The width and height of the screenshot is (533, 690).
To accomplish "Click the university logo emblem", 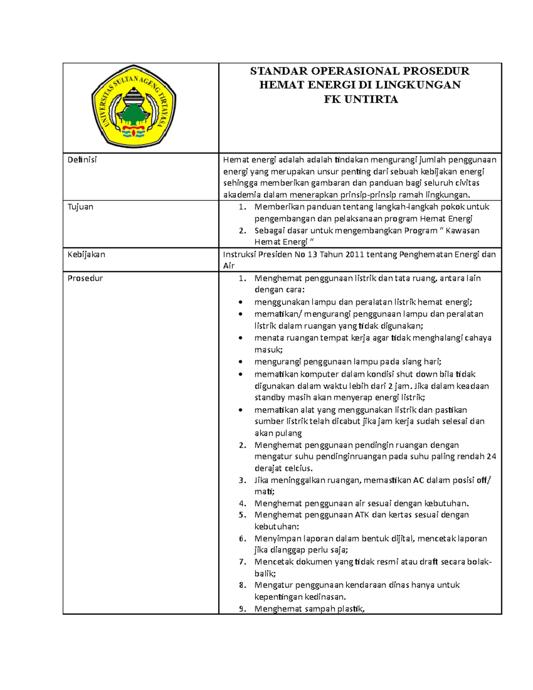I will [x=134, y=107].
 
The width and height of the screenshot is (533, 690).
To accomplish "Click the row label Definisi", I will [x=82, y=160].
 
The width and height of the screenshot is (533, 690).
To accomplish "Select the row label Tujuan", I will [x=80, y=207].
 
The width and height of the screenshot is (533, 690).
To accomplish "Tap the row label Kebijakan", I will [x=86, y=254].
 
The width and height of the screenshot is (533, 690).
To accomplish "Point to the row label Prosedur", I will [x=85, y=278].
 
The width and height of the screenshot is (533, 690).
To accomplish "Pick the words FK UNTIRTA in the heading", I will [x=360, y=99].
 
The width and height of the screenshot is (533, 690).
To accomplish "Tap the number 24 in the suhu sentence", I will [x=491, y=456].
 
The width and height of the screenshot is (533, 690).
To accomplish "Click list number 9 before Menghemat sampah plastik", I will [x=243, y=609].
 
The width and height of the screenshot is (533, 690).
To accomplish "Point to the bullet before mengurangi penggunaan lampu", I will [x=241, y=362].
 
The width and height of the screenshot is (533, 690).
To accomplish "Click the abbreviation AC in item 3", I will [x=418, y=480].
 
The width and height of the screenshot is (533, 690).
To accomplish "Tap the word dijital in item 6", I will [x=402, y=538].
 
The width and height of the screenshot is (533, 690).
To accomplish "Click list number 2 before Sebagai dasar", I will [x=243, y=231].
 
